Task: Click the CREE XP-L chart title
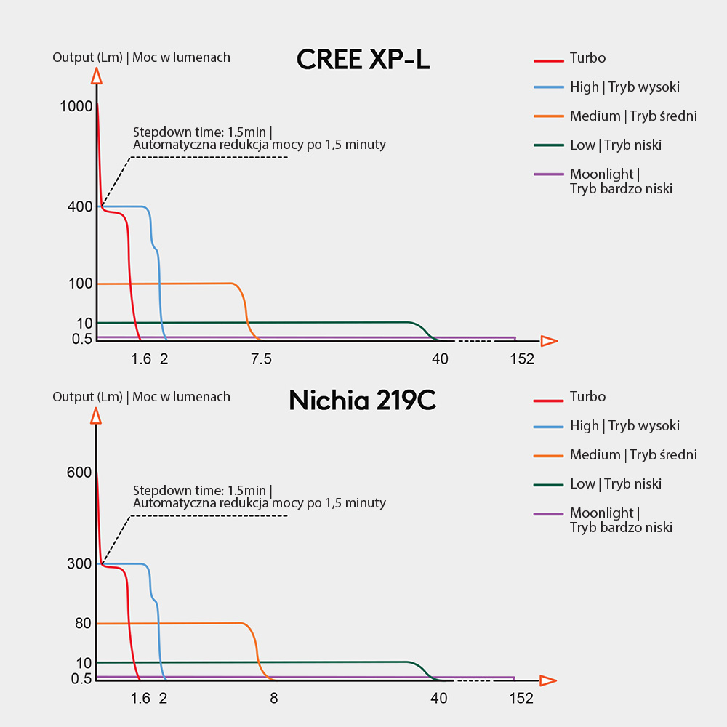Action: pyautogui.click(x=363, y=60)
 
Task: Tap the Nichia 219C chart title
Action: pyautogui.click(x=362, y=400)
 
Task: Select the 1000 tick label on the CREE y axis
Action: pyautogui.click(x=76, y=106)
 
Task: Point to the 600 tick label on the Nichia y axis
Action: pyautogui.click(x=79, y=473)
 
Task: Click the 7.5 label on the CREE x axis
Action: pyautogui.click(x=261, y=358)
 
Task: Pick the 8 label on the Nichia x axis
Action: pyautogui.click(x=273, y=699)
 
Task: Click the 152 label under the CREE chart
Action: pyautogui.click(x=521, y=358)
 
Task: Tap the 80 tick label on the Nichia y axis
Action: pyautogui.click(x=83, y=623)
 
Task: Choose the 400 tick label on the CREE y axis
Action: pyautogui.click(x=79, y=206)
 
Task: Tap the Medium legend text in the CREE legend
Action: pyautogui.click(x=633, y=116)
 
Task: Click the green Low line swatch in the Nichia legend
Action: pyautogui.click(x=549, y=484)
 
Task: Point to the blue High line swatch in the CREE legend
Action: pyautogui.click(x=549, y=87)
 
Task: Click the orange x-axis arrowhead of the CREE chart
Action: pyautogui.click(x=549, y=340)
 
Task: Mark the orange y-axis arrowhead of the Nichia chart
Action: pyautogui.click(x=96, y=416)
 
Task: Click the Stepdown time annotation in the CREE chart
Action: pyautogui.click(x=259, y=138)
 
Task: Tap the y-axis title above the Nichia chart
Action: pyautogui.click(x=141, y=397)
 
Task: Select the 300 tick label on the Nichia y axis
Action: pyautogui.click(x=79, y=563)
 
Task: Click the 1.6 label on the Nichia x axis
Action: pyautogui.click(x=140, y=699)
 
